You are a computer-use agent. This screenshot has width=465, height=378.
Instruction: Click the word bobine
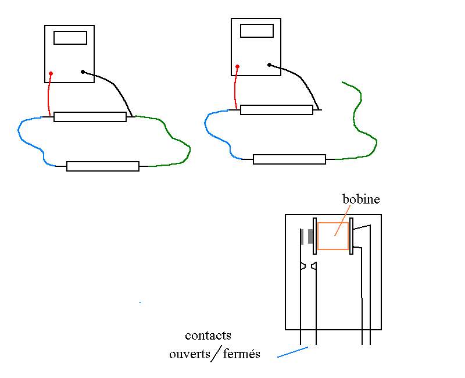tap(361, 199)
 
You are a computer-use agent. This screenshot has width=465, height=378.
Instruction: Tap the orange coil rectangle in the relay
tap(333, 236)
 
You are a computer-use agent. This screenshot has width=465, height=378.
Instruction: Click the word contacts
tap(208, 336)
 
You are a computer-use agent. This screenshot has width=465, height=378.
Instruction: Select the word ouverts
tap(189, 354)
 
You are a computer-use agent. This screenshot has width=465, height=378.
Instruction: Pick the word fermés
tap(241, 354)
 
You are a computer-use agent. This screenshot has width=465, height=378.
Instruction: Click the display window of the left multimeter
tap(70, 38)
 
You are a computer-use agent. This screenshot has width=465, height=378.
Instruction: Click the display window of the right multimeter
tap(256, 31)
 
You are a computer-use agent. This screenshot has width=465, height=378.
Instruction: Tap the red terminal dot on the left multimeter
tap(51, 73)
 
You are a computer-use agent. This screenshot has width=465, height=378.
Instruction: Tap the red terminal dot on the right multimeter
tap(237, 66)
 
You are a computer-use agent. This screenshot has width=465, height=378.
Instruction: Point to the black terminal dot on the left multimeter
tap(83, 72)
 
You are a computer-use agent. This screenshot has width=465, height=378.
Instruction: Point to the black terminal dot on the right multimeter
tap(269, 65)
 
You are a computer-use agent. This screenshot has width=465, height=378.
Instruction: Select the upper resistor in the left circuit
tap(90, 117)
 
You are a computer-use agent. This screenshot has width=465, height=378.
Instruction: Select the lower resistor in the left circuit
tap(103, 166)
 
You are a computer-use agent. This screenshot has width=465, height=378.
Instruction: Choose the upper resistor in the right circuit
tap(276, 110)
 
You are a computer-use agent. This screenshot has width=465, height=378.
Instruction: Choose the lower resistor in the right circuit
tap(289, 159)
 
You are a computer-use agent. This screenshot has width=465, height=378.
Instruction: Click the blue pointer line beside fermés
tap(292, 352)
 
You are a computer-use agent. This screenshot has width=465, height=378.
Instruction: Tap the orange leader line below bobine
tap(339, 224)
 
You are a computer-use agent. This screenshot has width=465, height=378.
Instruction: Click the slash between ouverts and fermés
tap(216, 354)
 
